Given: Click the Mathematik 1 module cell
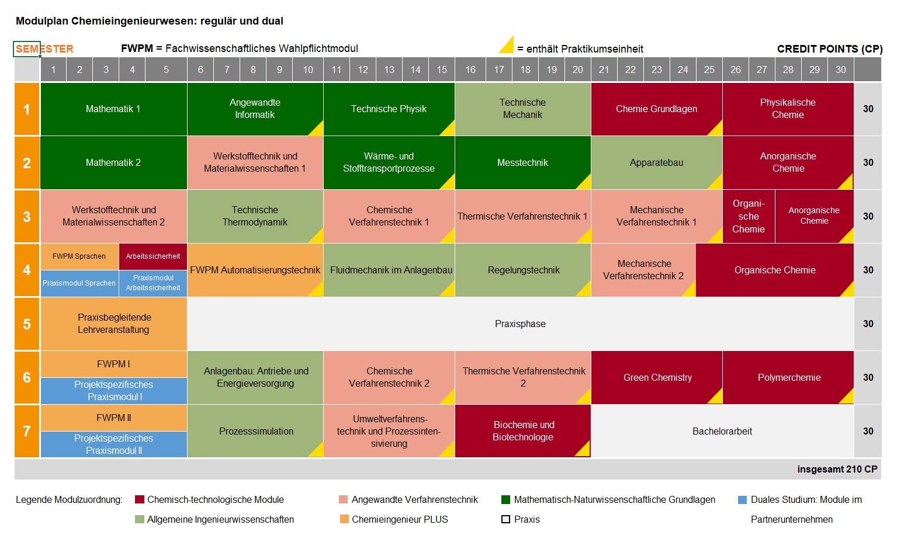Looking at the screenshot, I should click(x=113, y=109).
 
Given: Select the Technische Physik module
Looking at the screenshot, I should click(x=389, y=109).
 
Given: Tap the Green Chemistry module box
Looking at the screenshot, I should click(x=657, y=377).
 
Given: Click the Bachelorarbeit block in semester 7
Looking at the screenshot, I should click(x=722, y=431).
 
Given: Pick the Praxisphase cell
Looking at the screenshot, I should click(x=520, y=324).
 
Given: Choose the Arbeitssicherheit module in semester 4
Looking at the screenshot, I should click(x=153, y=256).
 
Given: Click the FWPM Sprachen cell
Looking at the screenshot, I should click(x=79, y=256).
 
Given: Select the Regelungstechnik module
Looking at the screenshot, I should click(x=523, y=270).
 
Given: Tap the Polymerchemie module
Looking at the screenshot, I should click(x=788, y=377).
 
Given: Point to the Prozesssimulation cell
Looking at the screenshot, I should click(x=256, y=431).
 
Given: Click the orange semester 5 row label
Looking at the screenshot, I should click(x=27, y=324).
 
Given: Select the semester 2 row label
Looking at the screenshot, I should click(x=27, y=163).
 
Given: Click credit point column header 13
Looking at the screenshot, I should click(x=389, y=70).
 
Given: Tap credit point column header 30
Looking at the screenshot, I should click(x=840, y=70).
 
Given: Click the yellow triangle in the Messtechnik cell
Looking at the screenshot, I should click(x=585, y=183).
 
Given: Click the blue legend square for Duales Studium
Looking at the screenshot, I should click(x=743, y=500).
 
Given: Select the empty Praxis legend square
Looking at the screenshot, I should click(x=506, y=519).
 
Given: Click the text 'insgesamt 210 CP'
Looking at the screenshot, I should click(x=837, y=469).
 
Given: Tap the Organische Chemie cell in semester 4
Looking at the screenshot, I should click(x=775, y=270).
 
